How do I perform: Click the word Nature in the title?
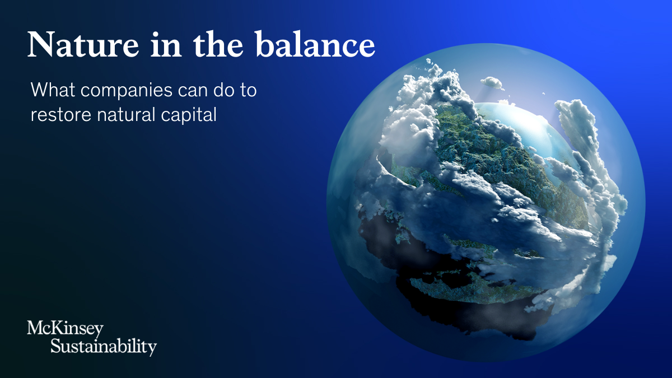tap(83, 45)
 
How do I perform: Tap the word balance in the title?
tap(315, 44)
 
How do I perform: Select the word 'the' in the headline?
tap(218, 44)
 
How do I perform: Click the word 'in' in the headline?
tap(166, 44)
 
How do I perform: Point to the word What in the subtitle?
tap(53, 90)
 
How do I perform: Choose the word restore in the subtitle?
tap(61, 115)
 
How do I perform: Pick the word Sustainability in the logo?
tap(104, 347)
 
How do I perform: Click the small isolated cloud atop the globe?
tap(492, 82)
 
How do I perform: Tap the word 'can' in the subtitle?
tap(193, 91)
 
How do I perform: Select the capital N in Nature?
tap(41, 44)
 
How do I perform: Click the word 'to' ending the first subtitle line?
tap(248, 90)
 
